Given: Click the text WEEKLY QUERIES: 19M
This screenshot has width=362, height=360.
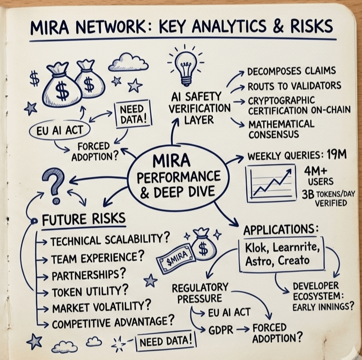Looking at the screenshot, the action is [297, 156].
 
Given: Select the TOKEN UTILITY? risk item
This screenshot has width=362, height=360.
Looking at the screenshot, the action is [90, 292].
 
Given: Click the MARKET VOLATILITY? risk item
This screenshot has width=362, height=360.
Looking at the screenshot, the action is [101, 307].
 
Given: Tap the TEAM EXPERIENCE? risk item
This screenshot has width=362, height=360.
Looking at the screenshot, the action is [98, 258].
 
